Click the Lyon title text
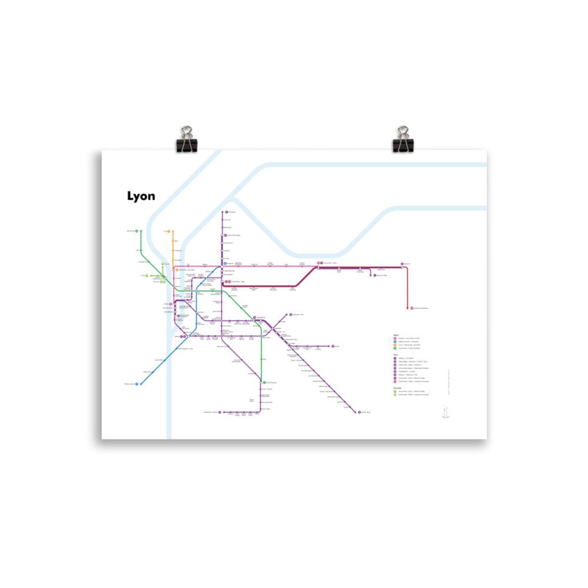click(141, 196)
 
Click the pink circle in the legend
click(395, 339)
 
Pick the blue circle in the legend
click(395, 342)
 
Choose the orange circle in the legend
click(395, 345)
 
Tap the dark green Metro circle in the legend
click(395, 348)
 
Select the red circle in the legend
click(395, 381)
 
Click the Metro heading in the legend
click(396, 335)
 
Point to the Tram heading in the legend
click(396, 354)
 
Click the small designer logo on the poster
click(446, 413)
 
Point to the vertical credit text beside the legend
click(449, 378)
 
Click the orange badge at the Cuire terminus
click(168, 231)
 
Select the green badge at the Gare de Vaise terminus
click(137, 231)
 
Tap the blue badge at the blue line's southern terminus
click(140, 384)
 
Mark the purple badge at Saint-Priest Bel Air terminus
click(358, 412)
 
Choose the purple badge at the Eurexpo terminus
click(332, 346)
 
